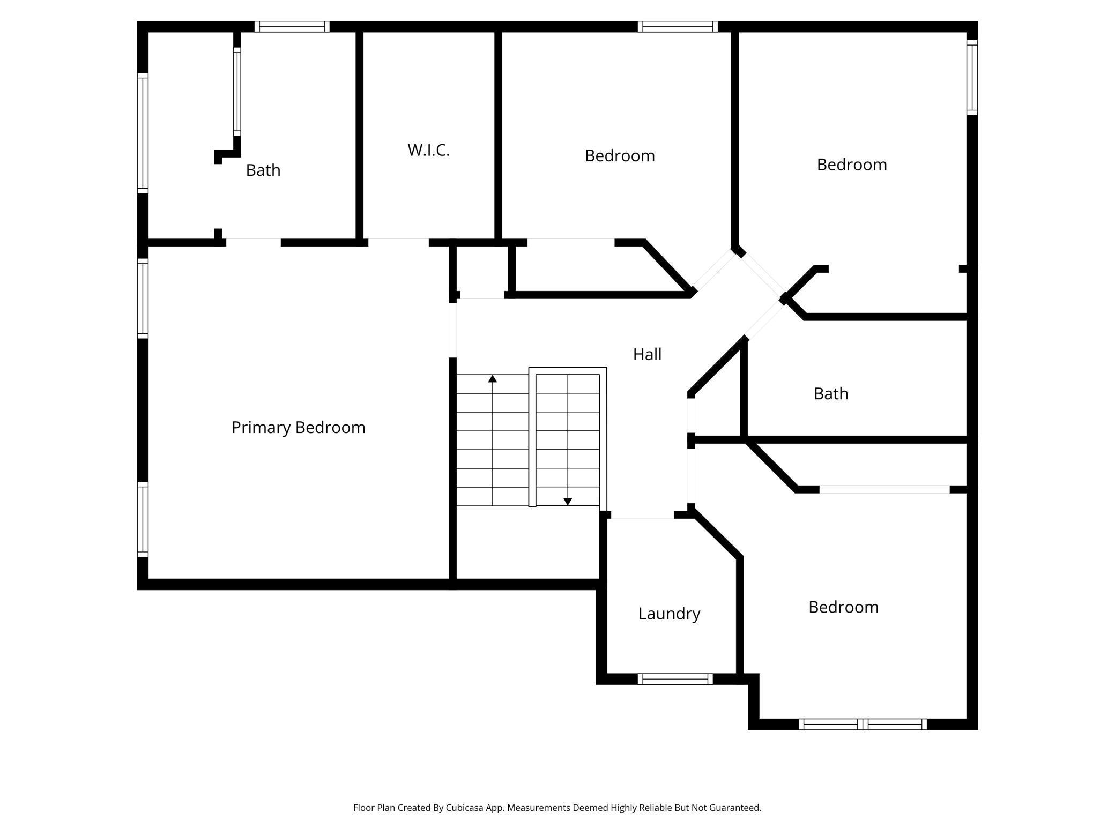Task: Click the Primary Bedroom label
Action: pyautogui.click(x=298, y=428)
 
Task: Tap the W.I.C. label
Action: pyautogui.click(x=428, y=151)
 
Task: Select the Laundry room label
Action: pyautogui.click(x=669, y=614)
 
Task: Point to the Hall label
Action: pyautogui.click(x=647, y=354)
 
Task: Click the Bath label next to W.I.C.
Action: pyautogui.click(x=263, y=170)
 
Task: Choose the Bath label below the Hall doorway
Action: pyautogui.click(x=830, y=394)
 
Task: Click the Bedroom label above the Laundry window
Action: pyautogui.click(x=843, y=607)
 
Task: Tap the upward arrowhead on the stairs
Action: pyautogui.click(x=493, y=379)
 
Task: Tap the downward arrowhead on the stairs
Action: pyautogui.click(x=568, y=502)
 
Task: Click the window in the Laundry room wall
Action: pyautogui.click(x=675, y=679)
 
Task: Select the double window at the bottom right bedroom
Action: pyautogui.click(x=863, y=725)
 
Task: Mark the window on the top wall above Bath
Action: pyautogui.click(x=292, y=27)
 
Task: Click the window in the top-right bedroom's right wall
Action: pyautogui.click(x=972, y=78)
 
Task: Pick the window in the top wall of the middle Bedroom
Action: pyautogui.click(x=678, y=27)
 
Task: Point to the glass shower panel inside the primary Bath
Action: pyautogui.click(x=237, y=91)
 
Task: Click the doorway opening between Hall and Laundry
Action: pyautogui.click(x=642, y=515)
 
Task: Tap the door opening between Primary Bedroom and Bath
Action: pyautogui.click(x=253, y=243)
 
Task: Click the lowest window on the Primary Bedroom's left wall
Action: pyautogui.click(x=143, y=519)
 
